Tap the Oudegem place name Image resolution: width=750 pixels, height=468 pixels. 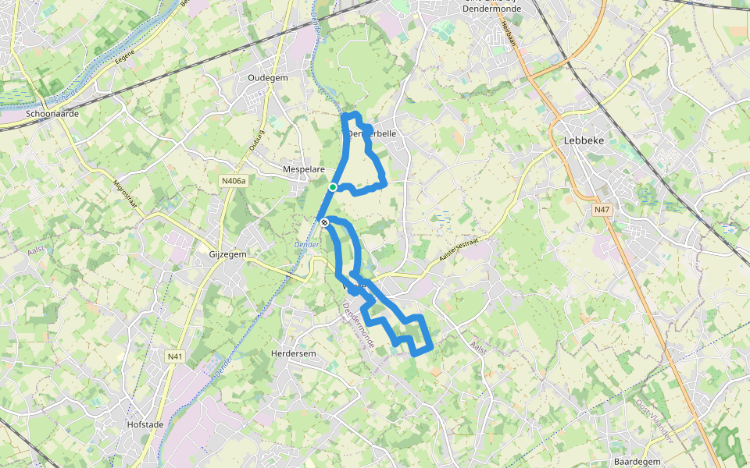pos(268,78)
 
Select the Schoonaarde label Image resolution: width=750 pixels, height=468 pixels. pos(52,113)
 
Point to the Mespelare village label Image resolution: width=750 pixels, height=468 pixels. pos(304,168)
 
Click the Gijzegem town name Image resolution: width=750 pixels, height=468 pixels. pos(227,255)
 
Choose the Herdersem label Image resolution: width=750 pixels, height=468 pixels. pos(293,353)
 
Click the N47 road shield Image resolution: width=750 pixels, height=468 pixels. pos(602,210)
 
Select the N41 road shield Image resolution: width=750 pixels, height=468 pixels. pos(175,356)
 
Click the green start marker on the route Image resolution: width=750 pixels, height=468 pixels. pos(333,187)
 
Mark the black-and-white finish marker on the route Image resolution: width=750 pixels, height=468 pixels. pos(324,223)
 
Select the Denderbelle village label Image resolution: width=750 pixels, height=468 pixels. pos(372,133)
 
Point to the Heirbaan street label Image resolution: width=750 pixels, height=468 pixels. pos(508,36)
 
